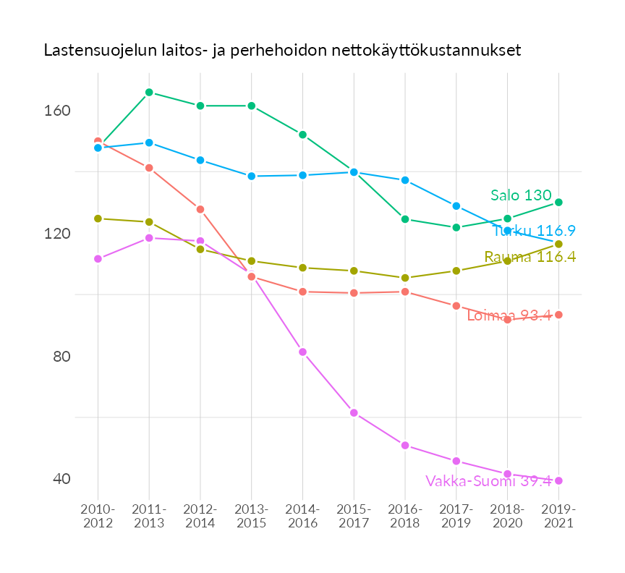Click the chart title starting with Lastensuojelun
[282, 51]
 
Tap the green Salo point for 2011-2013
[149, 92]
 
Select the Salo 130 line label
[521, 195]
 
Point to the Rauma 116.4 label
[530, 257]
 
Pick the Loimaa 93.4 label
[509, 315]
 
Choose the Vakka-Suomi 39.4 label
[488, 480]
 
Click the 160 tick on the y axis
[60, 111]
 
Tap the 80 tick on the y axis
[61, 357]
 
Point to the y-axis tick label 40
[61, 479]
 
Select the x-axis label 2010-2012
[98, 516]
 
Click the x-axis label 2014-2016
[302, 516]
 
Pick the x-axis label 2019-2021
[558, 516]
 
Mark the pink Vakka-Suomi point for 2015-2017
[354, 412]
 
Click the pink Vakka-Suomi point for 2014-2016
[302, 352]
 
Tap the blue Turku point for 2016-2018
[405, 179]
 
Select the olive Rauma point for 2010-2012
[98, 218]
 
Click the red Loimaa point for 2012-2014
[200, 209]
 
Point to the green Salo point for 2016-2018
[405, 218]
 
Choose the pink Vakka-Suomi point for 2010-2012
[98, 258]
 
